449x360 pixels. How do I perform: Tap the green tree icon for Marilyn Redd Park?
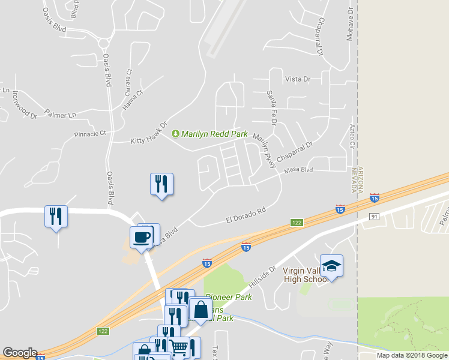[176, 133]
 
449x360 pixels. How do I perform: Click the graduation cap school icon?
[331, 265]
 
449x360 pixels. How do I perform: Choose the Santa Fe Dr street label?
[271, 107]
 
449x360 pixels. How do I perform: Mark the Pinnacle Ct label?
[89, 133]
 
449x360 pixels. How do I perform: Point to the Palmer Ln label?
[61, 114]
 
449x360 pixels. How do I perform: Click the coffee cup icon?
[142, 237]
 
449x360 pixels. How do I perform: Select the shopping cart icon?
[179, 347]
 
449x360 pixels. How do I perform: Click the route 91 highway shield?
[373, 216]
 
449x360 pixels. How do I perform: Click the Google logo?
[20, 353]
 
